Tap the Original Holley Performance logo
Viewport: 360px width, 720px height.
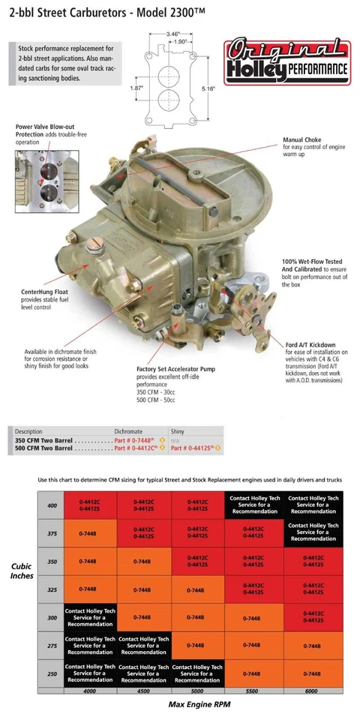(x=288, y=63)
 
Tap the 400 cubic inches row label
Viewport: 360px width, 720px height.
(x=51, y=505)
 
